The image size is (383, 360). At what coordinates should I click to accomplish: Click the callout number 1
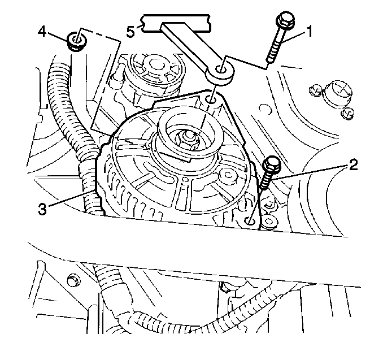pos(309,32)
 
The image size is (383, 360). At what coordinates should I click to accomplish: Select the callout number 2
pos(352,164)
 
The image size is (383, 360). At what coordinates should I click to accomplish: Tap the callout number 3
pos(42,209)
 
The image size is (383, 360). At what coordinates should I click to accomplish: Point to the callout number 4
pos(42,32)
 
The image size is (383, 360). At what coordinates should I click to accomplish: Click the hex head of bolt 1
pos(285,20)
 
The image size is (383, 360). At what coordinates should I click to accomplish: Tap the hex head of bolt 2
pos(272,163)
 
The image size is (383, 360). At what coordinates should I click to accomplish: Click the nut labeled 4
pos(76,41)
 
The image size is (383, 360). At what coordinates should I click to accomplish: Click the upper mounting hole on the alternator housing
pos(211,99)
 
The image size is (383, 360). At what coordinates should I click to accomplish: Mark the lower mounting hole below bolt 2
pos(250,221)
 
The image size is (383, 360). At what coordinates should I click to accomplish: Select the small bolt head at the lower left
pos(73,280)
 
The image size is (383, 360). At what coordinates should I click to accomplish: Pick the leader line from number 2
pos(310,173)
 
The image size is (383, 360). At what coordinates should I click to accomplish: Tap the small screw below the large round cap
pos(347,113)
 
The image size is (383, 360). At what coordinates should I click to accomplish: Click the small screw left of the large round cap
pos(315,90)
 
